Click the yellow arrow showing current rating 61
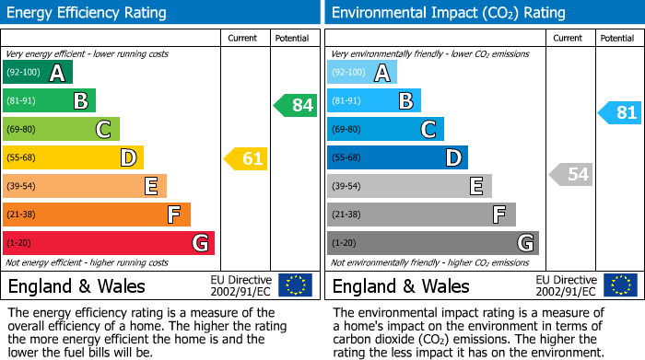pyautogui.click(x=246, y=158)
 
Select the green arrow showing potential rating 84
pyautogui.click(x=296, y=105)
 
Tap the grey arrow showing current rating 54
pyautogui.click(x=571, y=174)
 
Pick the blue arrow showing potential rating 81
pyautogui.click(x=620, y=113)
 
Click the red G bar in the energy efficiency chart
pyautogui.click(x=109, y=243)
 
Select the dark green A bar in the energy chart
pyautogui.click(x=38, y=73)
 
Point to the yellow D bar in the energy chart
pyautogui.click(x=73, y=158)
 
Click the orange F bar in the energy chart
pyautogui.click(x=97, y=215)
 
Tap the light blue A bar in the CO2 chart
pyautogui.click(x=362, y=73)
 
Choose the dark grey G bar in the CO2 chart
pyautogui.click(x=433, y=243)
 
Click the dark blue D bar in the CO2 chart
pyautogui.click(x=397, y=158)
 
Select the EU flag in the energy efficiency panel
pyautogui.click(x=296, y=285)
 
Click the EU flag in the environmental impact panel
pyautogui.click(x=620, y=285)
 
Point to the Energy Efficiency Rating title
pyautogui.click(x=88, y=13)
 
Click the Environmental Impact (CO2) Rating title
pyautogui.click(x=448, y=13)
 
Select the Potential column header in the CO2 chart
pyautogui.click(x=617, y=38)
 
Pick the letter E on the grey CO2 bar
pyautogui.click(x=476, y=186)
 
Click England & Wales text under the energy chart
pyautogui.click(x=76, y=286)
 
